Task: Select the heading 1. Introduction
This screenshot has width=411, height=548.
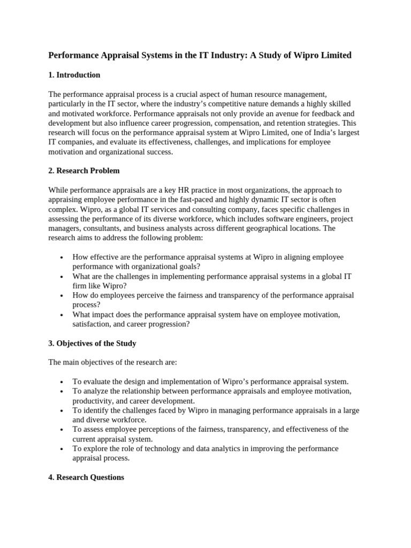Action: (74, 75)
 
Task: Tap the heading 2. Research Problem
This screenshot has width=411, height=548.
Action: (84, 171)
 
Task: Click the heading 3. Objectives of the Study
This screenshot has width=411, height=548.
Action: (92, 343)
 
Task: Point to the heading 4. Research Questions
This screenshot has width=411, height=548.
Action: (86, 477)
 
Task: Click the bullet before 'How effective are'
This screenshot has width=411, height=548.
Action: (63, 257)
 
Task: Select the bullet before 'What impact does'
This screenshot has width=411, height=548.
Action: (63, 315)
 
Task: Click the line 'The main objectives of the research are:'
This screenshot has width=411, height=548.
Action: (112, 362)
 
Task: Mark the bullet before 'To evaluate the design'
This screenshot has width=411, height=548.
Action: (63, 382)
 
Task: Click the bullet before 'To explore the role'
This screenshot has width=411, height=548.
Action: (63, 449)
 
